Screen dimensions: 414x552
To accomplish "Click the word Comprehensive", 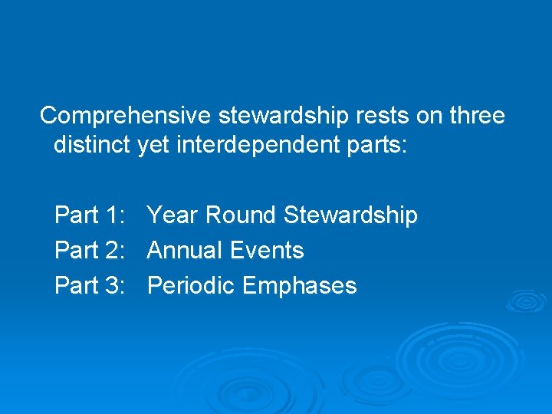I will pyautogui.click(x=126, y=116).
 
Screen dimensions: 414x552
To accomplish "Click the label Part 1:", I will pyautogui.click(x=90, y=215).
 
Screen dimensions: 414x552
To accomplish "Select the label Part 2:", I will pyautogui.click(x=90, y=251).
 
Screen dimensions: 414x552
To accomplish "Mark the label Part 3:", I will pyautogui.click(x=90, y=286).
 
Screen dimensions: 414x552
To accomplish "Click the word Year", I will pyautogui.click(x=172, y=215).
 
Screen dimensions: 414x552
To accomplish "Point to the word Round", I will pyautogui.click(x=240, y=215).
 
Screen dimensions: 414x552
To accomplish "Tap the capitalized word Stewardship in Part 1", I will pyautogui.click(x=350, y=215).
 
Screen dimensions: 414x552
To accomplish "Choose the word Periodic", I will pyautogui.click(x=191, y=286).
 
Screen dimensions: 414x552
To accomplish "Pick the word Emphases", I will pyautogui.click(x=300, y=286).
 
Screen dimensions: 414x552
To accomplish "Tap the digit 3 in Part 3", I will pyautogui.click(x=113, y=286).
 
